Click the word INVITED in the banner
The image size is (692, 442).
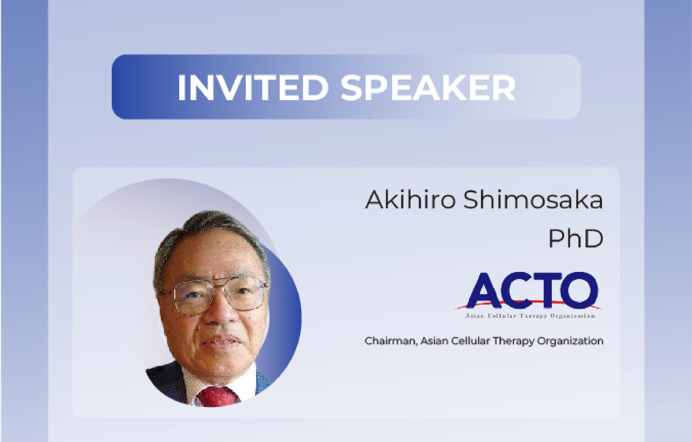(253, 88)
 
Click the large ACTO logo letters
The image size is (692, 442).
(532, 290)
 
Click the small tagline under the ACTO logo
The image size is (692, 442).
(530, 316)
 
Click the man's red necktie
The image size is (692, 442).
(218, 397)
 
